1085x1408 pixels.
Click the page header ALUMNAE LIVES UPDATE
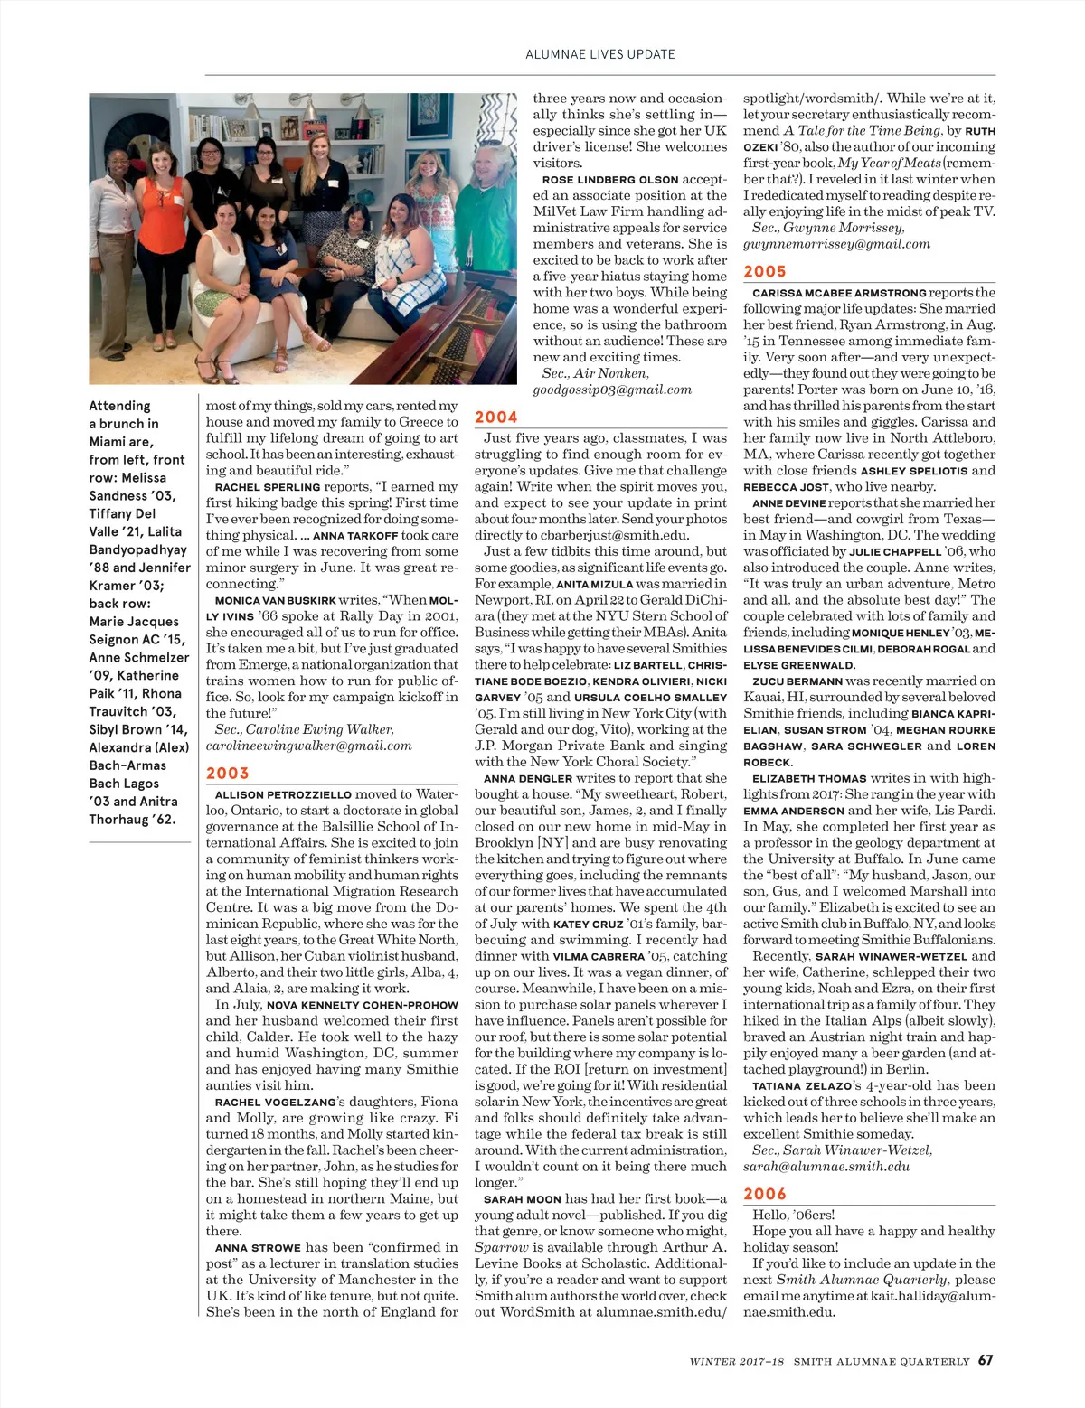599,54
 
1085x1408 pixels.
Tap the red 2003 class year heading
227,773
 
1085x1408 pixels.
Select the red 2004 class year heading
496,417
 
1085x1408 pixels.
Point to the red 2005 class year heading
765,271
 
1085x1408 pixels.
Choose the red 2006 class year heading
765,1194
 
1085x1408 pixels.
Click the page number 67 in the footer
986,1360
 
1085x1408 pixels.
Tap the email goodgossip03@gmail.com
612,390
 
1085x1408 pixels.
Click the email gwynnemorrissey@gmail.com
836,244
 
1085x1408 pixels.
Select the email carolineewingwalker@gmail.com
308,746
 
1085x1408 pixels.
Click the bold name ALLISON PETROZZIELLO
283,794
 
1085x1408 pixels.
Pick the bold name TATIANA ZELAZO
802,1086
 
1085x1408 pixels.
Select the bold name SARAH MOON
523,1199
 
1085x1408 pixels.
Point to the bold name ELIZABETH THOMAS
809,778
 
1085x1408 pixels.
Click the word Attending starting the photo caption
119,406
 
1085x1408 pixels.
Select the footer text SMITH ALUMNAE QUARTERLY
881,1361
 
